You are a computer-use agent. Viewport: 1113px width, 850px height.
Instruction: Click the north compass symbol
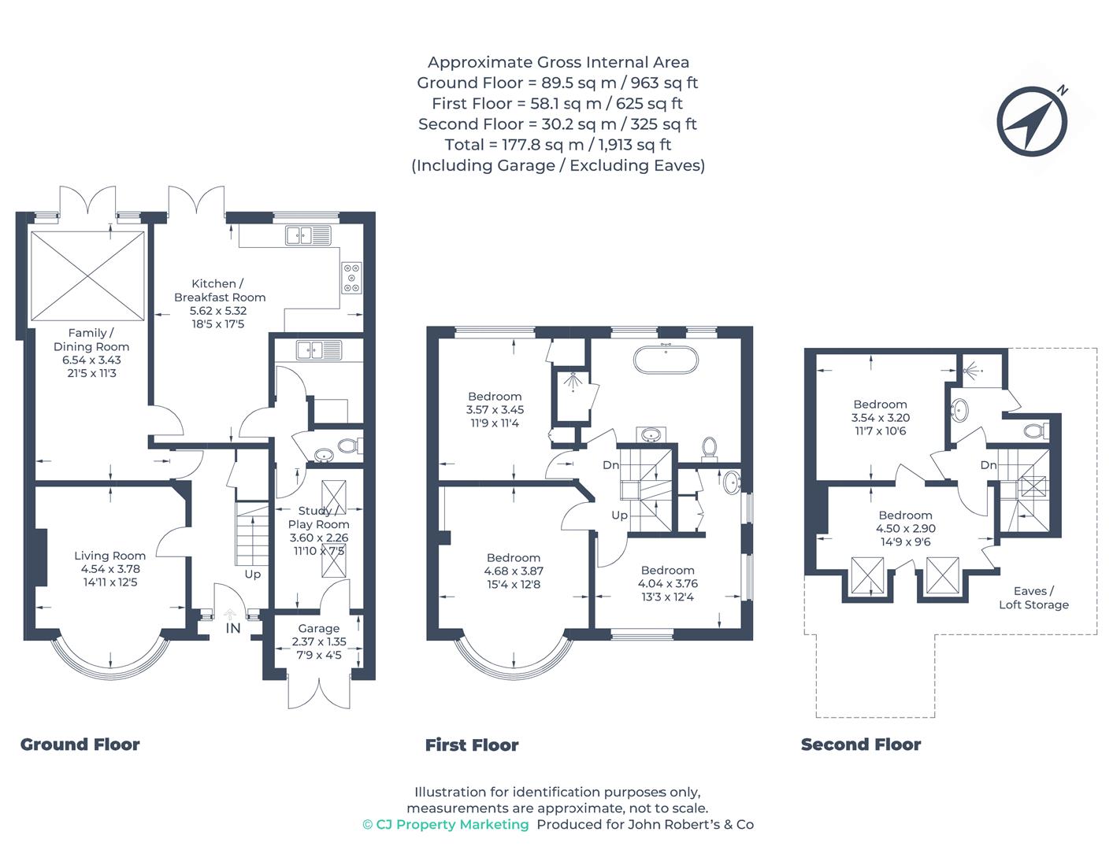point(1031,121)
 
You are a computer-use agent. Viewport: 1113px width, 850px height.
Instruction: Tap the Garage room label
point(318,628)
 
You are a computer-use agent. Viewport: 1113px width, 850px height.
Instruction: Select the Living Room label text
point(109,556)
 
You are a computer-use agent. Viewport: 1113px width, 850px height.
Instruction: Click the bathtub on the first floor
point(666,360)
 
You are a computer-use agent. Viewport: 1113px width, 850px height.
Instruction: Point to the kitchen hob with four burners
point(352,278)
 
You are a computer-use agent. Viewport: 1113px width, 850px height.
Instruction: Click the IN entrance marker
point(232,628)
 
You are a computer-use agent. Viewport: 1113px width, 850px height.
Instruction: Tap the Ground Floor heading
point(80,745)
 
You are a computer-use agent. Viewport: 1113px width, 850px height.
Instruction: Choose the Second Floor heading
point(861,745)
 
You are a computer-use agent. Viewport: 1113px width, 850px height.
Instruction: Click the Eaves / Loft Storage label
point(1033,597)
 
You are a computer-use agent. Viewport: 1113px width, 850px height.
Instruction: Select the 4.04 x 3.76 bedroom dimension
point(667,583)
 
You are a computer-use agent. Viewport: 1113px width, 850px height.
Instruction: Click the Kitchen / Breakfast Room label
point(220,290)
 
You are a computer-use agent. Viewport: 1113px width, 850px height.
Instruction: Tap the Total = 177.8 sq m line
point(558,145)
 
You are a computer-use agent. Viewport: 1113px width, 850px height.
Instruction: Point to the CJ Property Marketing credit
point(446,825)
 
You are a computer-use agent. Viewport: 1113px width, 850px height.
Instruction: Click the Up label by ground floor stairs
point(253,575)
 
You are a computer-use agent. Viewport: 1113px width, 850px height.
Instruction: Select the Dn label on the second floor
point(989,465)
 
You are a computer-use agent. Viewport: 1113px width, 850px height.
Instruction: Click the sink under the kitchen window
point(308,235)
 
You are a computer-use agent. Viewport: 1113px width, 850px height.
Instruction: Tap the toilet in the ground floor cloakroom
point(349,446)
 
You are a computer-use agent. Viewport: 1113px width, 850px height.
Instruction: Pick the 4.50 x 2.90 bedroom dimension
point(906,528)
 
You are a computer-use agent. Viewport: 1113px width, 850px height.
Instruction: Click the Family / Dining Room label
point(91,340)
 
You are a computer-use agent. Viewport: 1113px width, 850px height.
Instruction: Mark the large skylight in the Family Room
point(87,276)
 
